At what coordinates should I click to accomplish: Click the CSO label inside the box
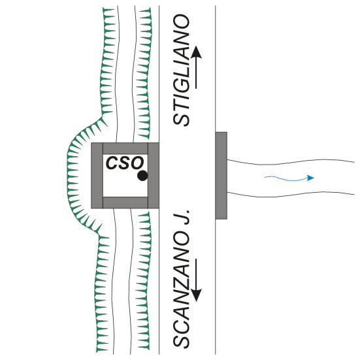coord(125,163)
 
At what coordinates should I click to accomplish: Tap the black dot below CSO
coord(142,176)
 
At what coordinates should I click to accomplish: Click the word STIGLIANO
coord(182,70)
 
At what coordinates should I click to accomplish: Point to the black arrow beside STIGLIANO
coord(196,67)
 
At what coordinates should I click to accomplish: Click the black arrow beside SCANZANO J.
coord(196,280)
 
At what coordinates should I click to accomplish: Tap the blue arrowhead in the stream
coord(311,178)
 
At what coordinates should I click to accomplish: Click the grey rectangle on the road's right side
coord(221,176)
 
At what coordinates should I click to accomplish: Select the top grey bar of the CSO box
coord(125,148)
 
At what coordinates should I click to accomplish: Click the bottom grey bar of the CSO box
coord(125,203)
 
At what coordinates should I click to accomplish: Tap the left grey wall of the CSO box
coord(97,176)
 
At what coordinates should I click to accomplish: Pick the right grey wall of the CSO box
coord(154,176)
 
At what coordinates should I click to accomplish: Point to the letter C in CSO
coord(112,163)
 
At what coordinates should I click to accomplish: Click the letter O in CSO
coord(137,163)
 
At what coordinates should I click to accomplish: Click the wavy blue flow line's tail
coord(265,177)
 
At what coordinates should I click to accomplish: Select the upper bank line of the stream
coord(291,162)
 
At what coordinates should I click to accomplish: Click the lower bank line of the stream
coord(291,195)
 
